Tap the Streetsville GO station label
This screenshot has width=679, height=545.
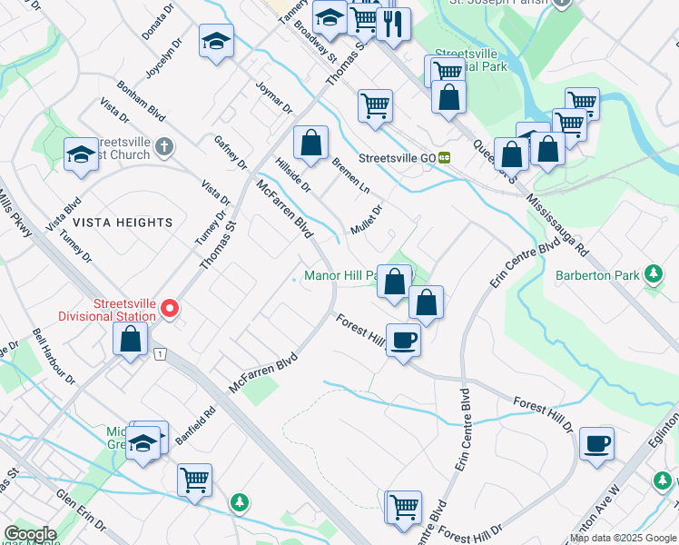click(398, 157)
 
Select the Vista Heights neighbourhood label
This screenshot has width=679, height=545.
click(123, 223)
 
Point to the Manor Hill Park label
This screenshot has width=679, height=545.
click(340, 276)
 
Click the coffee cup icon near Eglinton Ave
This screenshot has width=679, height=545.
click(596, 443)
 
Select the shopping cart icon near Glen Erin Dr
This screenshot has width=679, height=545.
click(195, 479)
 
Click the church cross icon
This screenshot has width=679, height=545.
click(163, 145)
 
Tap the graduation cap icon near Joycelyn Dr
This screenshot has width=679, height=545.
click(216, 41)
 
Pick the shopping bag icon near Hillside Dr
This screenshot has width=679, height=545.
click(310, 143)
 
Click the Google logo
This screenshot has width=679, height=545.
click(30, 534)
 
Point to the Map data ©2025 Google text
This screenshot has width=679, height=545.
click(623, 538)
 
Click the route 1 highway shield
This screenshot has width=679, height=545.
click(159, 352)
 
